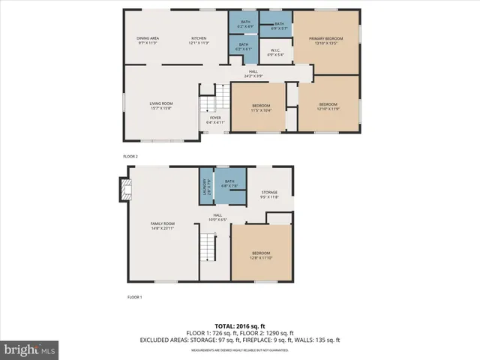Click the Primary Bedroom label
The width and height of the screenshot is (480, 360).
[x=325, y=40]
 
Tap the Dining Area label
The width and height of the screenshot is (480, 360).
[x=147, y=40]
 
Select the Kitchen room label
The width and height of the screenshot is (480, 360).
[x=198, y=40]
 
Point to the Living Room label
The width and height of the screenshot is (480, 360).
[x=160, y=106]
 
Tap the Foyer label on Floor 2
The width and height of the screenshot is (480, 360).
[x=215, y=119]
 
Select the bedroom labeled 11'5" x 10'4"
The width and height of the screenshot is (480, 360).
[x=256, y=107]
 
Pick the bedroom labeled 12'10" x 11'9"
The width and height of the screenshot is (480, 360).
[x=328, y=106]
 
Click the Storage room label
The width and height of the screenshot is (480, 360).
[x=268, y=194]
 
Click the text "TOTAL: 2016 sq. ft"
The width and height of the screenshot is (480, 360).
[x=240, y=325]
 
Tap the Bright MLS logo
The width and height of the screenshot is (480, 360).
[x=30, y=349]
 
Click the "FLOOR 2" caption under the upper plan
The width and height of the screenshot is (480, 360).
[x=131, y=156]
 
